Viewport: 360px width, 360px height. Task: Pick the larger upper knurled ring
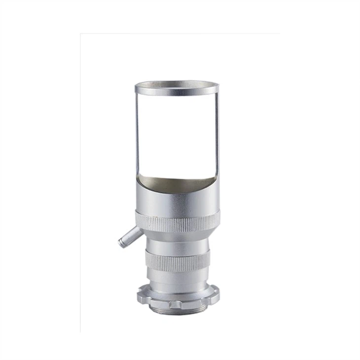176,220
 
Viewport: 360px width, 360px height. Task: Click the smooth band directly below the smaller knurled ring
176,276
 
